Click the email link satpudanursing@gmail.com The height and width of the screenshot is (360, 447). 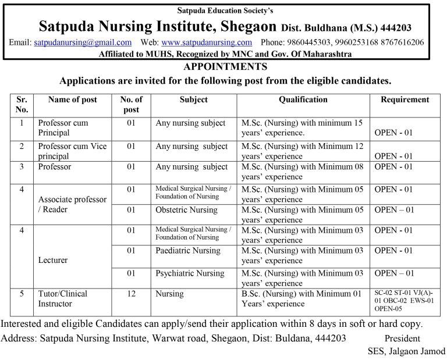coord(83,42)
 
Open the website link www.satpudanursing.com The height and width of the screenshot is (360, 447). coord(207,42)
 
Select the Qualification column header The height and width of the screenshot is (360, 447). coord(303,99)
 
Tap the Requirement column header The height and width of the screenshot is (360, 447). coord(405,99)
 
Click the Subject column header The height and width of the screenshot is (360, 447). coord(194,99)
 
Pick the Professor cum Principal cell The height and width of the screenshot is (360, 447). coord(62,127)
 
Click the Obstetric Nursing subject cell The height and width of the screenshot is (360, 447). coord(186,210)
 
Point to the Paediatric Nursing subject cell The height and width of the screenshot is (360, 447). coord(188,251)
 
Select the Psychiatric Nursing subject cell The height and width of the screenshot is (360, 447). coord(190,273)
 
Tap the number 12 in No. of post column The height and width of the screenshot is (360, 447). coord(131,294)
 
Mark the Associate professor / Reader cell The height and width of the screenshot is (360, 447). coord(72,204)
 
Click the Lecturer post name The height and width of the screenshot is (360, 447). coord(52,261)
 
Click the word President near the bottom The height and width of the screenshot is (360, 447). coord(402,338)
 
